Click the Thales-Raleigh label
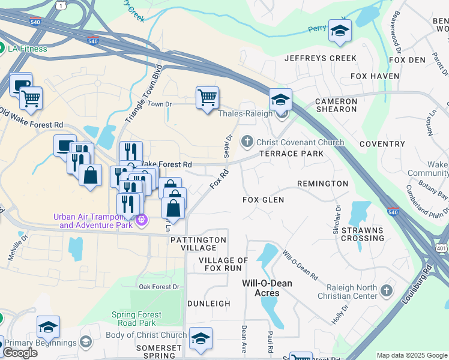point(246,113)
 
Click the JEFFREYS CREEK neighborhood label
point(321,58)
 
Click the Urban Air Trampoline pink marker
point(141,220)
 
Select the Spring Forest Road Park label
point(136,319)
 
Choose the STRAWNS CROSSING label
point(363,234)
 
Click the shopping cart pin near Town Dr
point(207,97)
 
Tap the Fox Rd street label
point(219,179)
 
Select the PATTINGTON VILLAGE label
point(198,244)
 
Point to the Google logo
point(20,353)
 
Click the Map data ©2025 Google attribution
point(411,355)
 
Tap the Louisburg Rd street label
point(427,280)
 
